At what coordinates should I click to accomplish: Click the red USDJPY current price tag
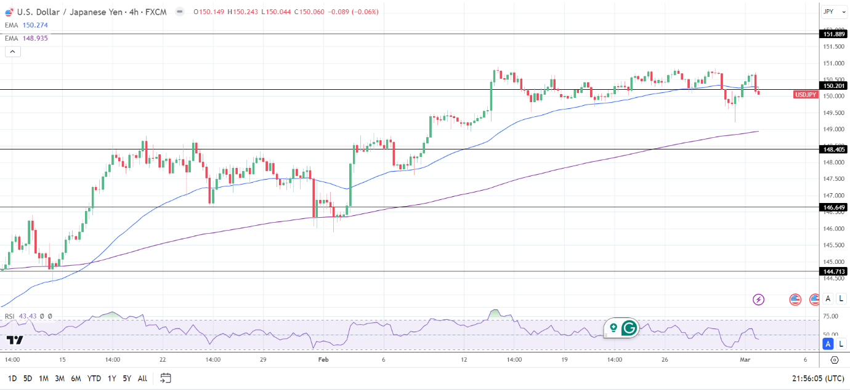pos(806,95)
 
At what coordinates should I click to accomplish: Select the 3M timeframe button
pos(60,378)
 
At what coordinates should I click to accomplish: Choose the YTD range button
pos(94,378)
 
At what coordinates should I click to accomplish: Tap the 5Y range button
pos(126,378)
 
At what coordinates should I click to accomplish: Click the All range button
pos(142,378)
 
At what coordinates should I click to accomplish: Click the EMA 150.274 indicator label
pos(26,25)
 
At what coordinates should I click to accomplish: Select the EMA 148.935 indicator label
pos(26,38)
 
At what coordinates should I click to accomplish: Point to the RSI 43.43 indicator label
pos(22,316)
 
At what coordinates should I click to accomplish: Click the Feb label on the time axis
pos(324,360)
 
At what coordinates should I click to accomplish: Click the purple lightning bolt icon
pos(759,300)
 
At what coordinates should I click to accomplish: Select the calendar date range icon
pos(165,378)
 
